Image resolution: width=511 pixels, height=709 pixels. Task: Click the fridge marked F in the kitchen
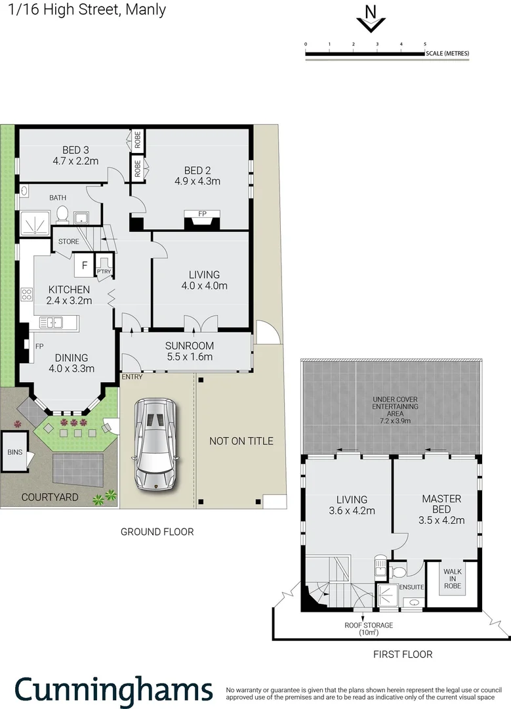pyautogui.click(x=85, y=265)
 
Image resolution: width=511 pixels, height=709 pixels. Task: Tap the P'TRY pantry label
pyautogui.click(x=103, y=271)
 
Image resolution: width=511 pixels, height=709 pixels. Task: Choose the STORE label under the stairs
pyautogui.click(x=68, y=242)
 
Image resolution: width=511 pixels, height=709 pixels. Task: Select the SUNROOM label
pyautogui.click(x=190, y=346)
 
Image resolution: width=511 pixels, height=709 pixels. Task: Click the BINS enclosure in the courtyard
pyautogui.click(x=13, y=452)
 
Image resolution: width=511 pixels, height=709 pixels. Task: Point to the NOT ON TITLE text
pyautogui.click(x=241, y=440)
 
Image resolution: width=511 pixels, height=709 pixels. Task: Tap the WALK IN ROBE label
pyautogui.click(x=453, y=579)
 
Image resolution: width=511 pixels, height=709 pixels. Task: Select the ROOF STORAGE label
pyautogui.click(x=369, y=625)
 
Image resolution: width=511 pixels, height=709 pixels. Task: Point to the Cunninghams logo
pyautogui.click(x=113, y=690)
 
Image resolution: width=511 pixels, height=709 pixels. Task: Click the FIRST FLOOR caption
pyautogui.click(x=403, y=654)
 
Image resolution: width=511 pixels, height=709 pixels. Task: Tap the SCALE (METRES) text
pyautogui.click(x=447, y=53)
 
